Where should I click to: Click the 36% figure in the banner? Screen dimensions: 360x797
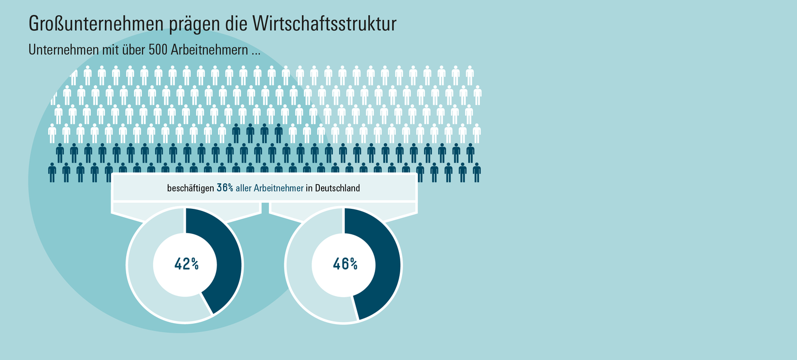point(225,189)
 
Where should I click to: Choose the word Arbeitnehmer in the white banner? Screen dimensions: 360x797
point(278,189)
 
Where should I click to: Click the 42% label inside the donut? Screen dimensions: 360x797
point(186,264)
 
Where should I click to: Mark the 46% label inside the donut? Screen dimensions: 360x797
point(345,264)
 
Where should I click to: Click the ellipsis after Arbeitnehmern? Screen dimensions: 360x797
point(255,53)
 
